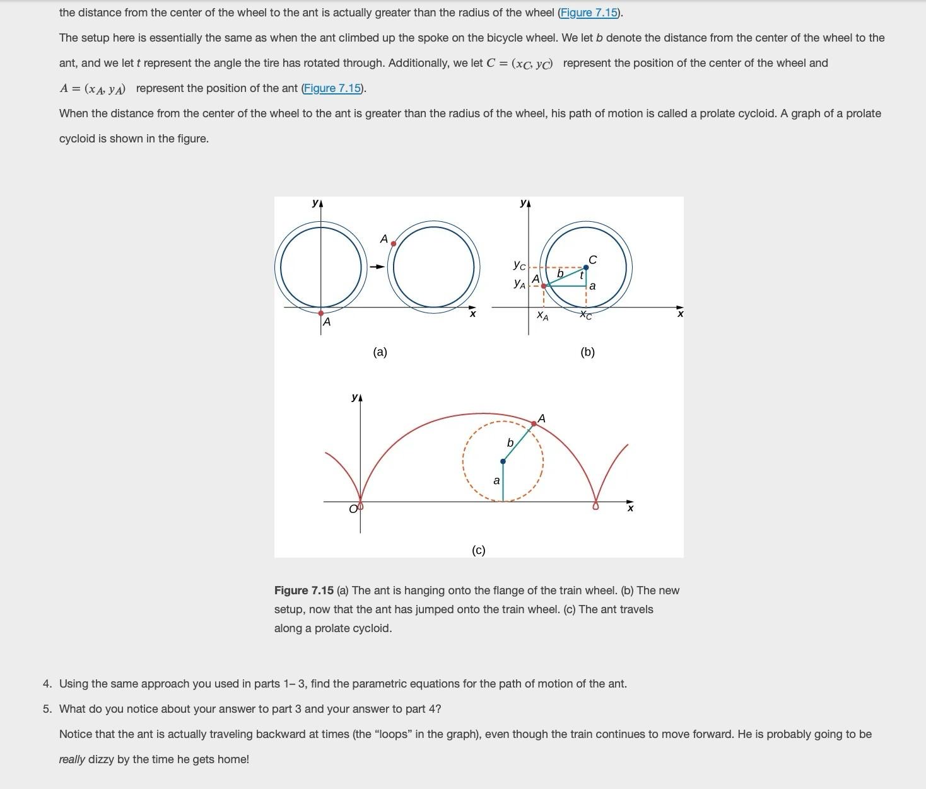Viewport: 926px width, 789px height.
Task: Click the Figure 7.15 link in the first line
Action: pyautogui.click(x=589, y=13)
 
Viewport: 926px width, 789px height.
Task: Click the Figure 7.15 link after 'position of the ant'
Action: pyautogui.click(x=332, y=88)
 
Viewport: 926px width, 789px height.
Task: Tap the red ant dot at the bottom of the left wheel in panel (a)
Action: pyautogui.click(x=321, y=313)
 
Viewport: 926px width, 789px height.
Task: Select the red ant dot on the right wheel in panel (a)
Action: pyautogui.click(x=394, y=243)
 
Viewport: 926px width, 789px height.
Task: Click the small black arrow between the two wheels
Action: pyautogui.click(x=377, y=267)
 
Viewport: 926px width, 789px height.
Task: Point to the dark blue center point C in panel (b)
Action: pyautogui.click(x=586, y=268)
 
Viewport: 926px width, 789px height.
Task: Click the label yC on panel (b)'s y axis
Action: pyautogui.click(x=519, y=265)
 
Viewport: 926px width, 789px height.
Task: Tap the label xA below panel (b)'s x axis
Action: pyautogui.click(x=542, y=316)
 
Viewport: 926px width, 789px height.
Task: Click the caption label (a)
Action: pyautogui.click(x=380, y=352)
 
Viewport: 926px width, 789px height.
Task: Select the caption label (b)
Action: pyautogui.click(x=587, y=352)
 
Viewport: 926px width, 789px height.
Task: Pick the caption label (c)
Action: pyautogui.click(x=479, y=550)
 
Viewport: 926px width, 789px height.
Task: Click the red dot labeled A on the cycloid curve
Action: pyautogui.click(x=534, y=424)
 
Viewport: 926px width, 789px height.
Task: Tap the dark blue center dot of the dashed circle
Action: pyautogui.click(x=503, y=461)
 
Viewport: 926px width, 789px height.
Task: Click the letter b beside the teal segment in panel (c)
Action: pyautogui.click(x=510, y=443)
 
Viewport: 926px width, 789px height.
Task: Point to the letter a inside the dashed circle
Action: pyautogui.click(x=496, y=481)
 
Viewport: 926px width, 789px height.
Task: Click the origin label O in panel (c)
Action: pyautogui.click(x=353, y=509)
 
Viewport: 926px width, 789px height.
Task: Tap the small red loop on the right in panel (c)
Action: pyautogui.click(x=596, y=505)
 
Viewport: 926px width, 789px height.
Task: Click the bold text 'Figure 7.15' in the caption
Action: pyautogui.click(x=303, y=590)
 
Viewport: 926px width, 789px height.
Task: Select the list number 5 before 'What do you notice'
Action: pyautogui.click(x=47, y=709)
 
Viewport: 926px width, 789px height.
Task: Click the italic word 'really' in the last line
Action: pyautogui.click(x=72, y=759)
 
